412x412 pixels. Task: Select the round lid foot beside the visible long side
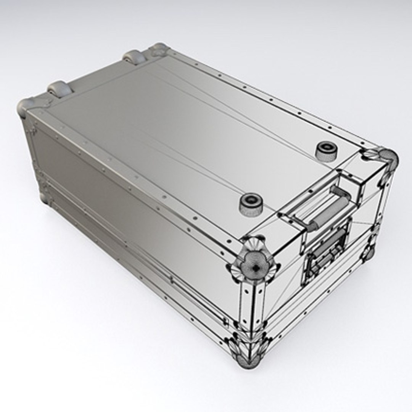tap(251, 204)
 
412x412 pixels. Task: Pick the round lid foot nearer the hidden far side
tap(326, 151)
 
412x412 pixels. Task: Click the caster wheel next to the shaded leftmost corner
tap(60, 89)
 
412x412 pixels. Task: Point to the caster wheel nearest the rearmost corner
tap(134, 57)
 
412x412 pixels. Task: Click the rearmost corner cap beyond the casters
tap(159, 49)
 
